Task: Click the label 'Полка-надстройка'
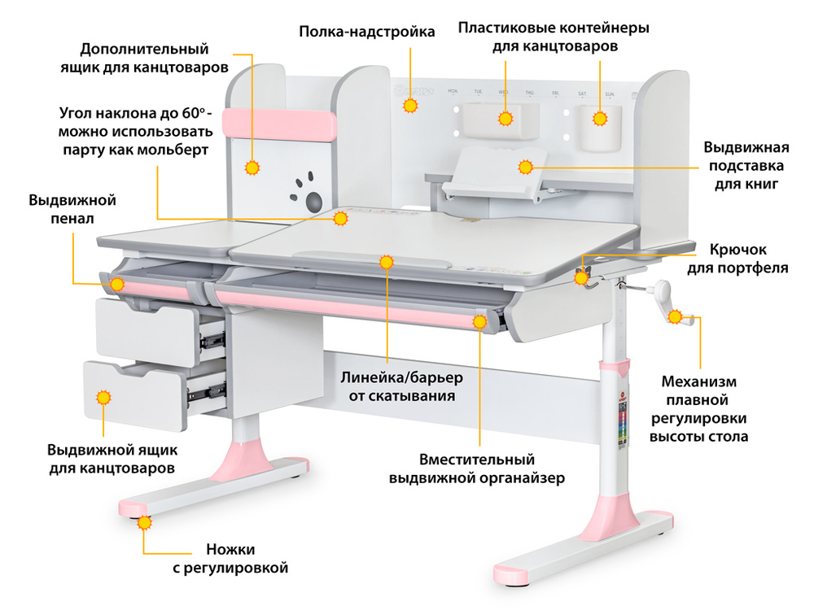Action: (366, 32)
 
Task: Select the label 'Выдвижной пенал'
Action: (72, 209)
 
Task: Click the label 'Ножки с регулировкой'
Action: (230, 557)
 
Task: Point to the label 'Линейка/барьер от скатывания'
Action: (401, 387)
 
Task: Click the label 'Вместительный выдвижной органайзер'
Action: (476, 468)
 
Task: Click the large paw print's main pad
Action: (313, 199)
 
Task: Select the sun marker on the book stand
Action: (525, 168)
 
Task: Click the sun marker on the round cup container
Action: (601, 119)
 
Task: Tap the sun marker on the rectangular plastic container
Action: (505, 119)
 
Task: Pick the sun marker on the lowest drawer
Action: (103, 397)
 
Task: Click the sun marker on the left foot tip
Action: (144, 523)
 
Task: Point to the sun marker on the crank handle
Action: (676, 317)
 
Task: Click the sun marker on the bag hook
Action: (581, 278)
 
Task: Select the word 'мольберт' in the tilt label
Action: (172, 150)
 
